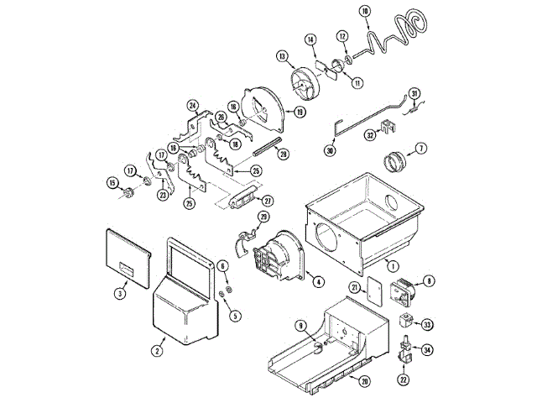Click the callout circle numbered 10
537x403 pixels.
point(364,11)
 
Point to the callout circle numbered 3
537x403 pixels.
point(120,293)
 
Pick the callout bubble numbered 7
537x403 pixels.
point(421,148)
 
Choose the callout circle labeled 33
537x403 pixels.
point(427,325)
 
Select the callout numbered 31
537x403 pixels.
point(414,92)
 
